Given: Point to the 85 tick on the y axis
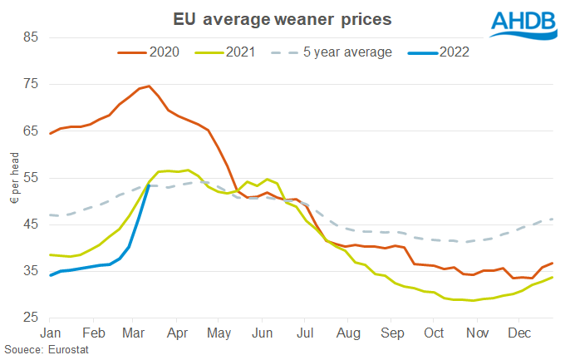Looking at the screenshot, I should click(x=29, y=37).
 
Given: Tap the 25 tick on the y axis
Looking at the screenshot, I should click(x=29, y=318).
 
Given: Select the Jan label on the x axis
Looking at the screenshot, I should click(x=51, y=333).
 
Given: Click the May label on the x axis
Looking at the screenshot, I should click(x=219, y=333).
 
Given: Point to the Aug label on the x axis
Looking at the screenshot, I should click(x=348, y=333).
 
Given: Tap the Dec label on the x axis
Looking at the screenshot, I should click(x=519, y=333).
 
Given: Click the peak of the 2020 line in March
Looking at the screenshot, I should click(x=148, y=86).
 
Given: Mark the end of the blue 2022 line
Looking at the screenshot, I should click(x=148, y=185).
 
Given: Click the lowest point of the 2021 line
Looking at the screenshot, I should click(x=473, y=301).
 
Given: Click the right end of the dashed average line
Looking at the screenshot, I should click(x=553, y=219).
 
